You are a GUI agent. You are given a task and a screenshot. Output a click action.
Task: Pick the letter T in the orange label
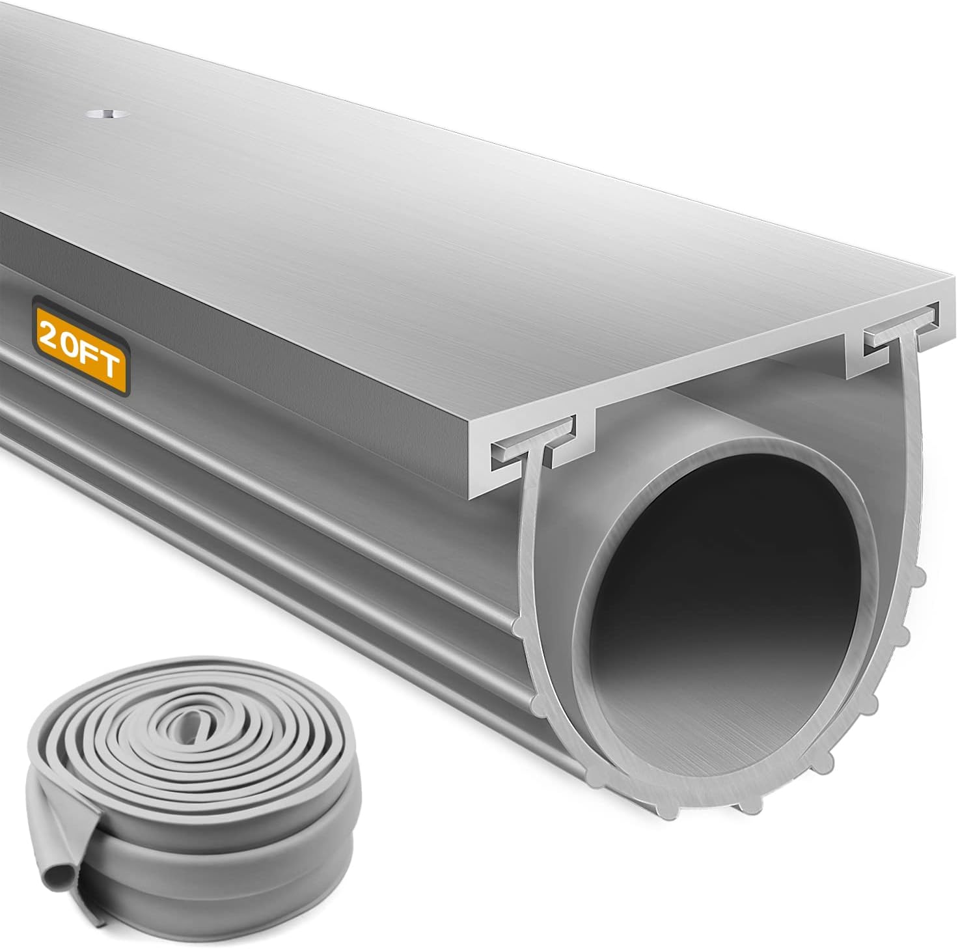[112, 364]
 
